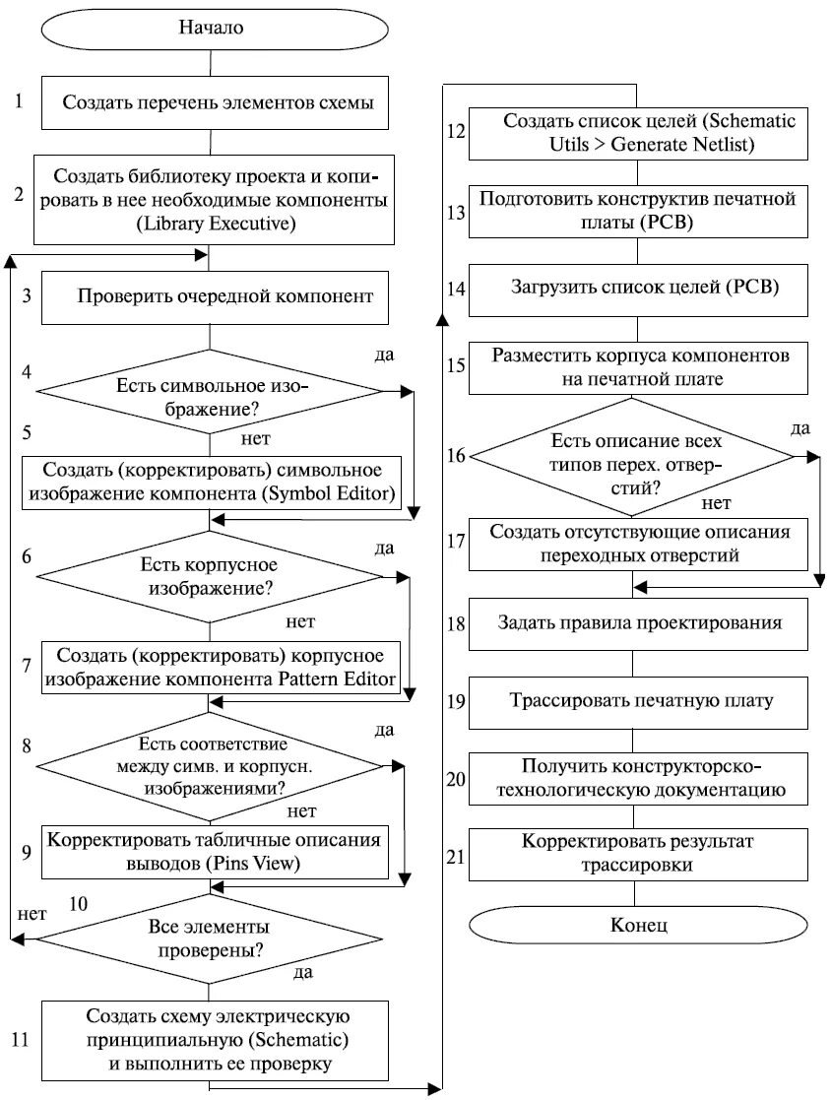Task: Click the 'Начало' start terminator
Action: tap(210, 28)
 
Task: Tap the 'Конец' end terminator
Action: tap(638, 927)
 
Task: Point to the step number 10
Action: tap(80, 902)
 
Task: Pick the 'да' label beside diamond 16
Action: tap(800, 427)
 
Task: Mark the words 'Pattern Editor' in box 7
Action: tap(341, 679)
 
